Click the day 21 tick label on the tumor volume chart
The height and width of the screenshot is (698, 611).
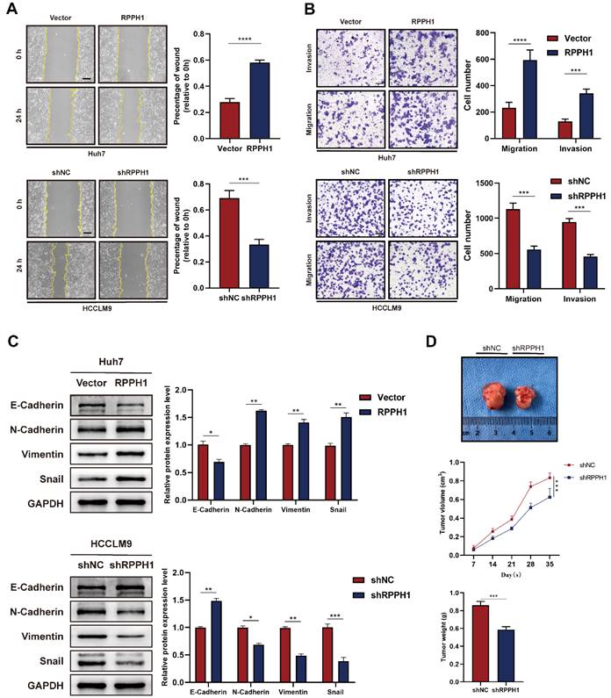(x=510, y=567)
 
